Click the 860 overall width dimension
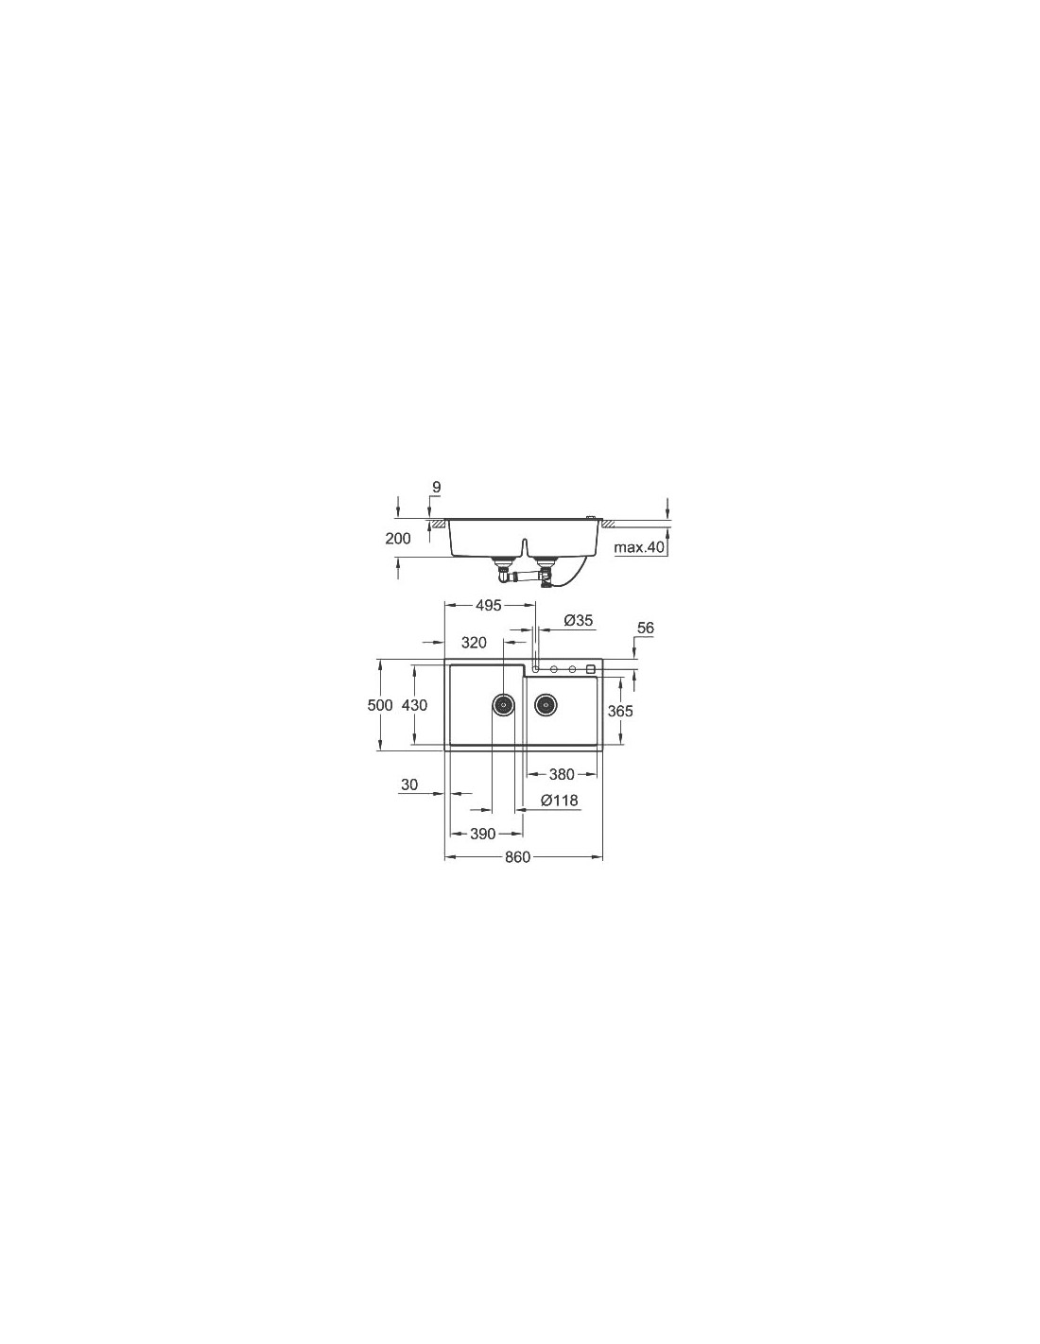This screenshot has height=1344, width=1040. [517, 857]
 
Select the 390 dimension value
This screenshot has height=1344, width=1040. [482, 834]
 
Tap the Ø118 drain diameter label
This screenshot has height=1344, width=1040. [560, 801]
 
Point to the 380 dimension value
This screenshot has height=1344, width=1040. [562, 774]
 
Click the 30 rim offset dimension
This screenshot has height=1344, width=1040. [409, 784]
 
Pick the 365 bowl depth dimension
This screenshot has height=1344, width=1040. [620, 712]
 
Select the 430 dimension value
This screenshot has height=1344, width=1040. [414, 704]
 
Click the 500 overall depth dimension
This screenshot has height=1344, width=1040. [380, 704]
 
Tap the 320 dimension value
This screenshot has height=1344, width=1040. [474, 643]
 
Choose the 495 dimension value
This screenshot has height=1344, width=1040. [488, 606]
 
